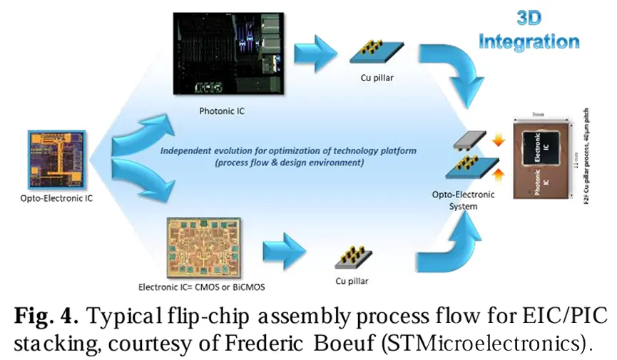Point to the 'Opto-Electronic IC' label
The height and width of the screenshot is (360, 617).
pyautogui.click(x=57, y=198)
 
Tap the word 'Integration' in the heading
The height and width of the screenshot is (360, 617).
pyautogui.click(x=529, y=42)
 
